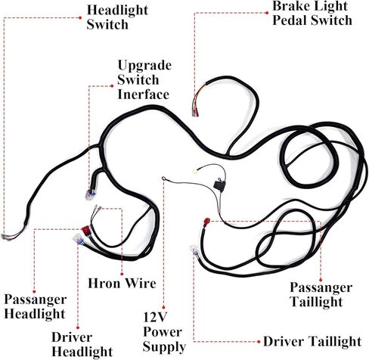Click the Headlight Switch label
[117, 17]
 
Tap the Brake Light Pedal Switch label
[312, 13]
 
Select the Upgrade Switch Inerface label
[144, 80]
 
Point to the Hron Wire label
[122, 283]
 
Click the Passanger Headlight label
[36, 307]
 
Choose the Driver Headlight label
[82, 344]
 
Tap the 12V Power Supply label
[164, 332]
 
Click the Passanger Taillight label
[321, 294]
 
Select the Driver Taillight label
[312, 342]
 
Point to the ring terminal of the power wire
[164, 178]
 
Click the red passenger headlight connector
[86, 230]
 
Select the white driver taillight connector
[194, 251]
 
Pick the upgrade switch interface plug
[90, 195]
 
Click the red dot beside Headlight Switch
[80, 17]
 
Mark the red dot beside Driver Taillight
[259, 342]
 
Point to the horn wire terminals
[97, 209]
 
